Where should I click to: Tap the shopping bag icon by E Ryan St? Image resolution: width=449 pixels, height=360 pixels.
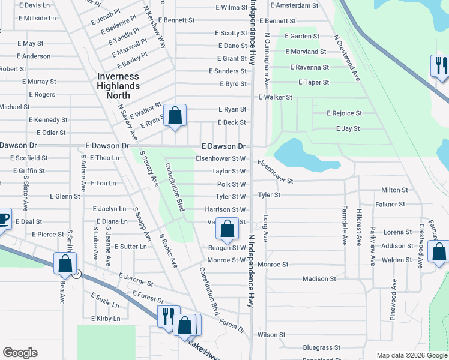click(175, 115)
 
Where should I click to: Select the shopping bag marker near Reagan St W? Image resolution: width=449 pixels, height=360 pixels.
click(228, 229)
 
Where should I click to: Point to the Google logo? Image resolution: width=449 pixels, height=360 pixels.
click(20, 353)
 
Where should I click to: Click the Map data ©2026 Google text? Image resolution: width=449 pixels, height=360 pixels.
click(411, 355)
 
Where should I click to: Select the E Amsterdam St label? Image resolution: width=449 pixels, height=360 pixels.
click(294, 5)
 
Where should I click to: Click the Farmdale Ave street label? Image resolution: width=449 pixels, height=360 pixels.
click(345, 231)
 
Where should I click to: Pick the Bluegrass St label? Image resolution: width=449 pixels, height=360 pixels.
click(322, 347)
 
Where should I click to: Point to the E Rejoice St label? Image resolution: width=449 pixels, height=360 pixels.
click(344, 113)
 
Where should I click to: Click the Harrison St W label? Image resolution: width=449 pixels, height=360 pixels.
click(225, 209)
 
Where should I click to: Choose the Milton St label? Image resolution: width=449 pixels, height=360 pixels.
click(394, 190)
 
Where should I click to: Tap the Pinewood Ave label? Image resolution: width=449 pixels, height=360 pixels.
click(394, 298)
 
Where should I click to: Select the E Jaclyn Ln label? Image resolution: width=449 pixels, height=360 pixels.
click(109, 209)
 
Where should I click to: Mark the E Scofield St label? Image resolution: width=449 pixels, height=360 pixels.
click(29, 158)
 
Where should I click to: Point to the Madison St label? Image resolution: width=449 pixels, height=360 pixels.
click(319, 278)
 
